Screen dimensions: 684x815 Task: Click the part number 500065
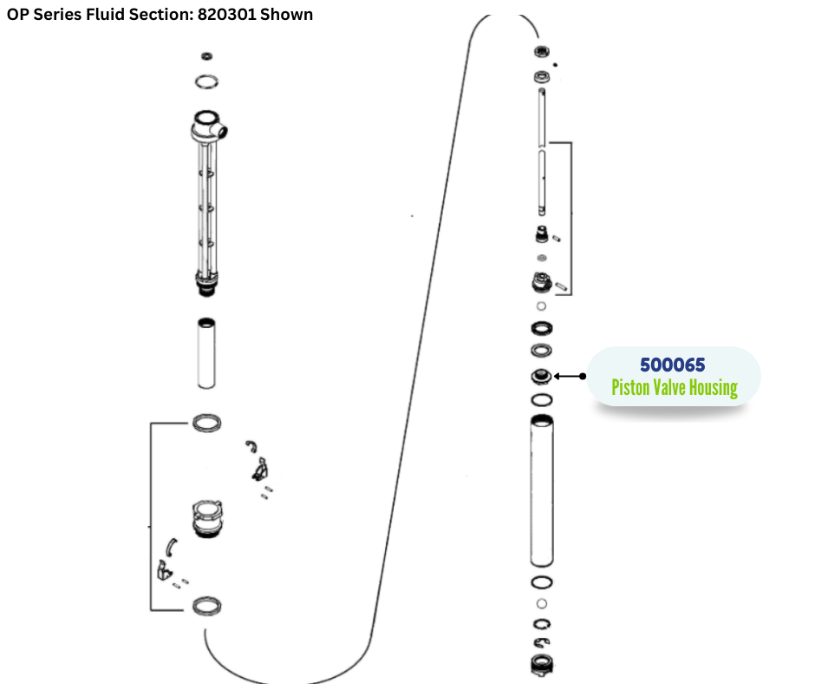(x=672, y=365)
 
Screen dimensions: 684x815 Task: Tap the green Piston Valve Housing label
(x=674, y=387)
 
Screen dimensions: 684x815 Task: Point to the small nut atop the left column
(x=206, y=56)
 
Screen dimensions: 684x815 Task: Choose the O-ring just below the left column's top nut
(x=206, y=82)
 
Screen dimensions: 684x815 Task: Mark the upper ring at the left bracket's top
(x=205, y=423)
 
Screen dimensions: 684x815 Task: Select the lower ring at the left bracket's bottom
(x=205, y=606)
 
